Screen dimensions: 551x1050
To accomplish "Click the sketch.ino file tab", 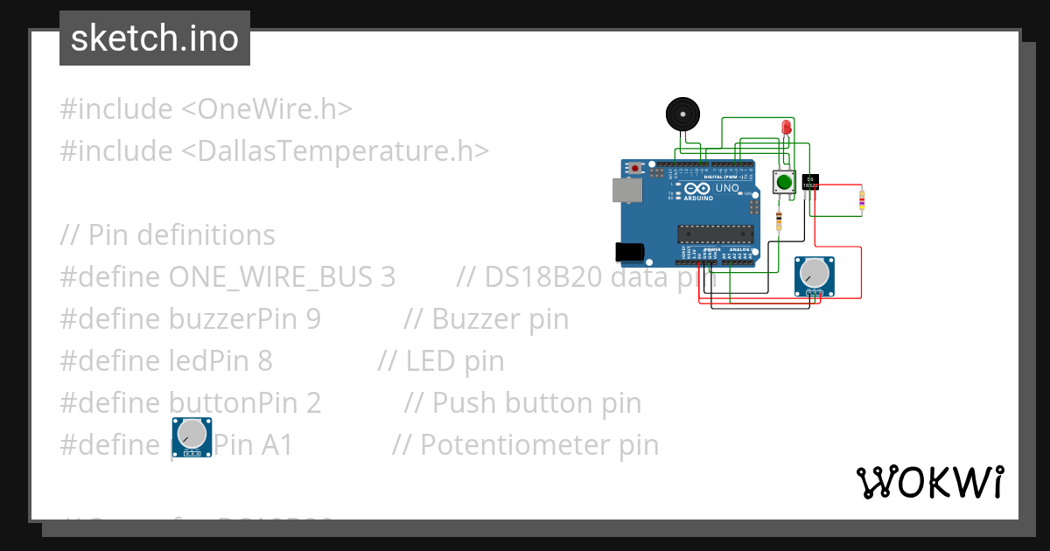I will point(155,38).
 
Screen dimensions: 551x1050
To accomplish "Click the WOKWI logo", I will point(929,482).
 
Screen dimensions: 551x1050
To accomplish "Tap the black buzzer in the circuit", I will point(682,114).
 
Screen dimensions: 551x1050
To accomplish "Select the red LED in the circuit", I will point(786,129).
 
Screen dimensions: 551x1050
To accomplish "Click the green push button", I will point(783,183).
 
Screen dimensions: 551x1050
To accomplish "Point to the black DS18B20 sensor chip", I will point(810,182).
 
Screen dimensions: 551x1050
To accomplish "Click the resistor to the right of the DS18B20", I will point(862,200).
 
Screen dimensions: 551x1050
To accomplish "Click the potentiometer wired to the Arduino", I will point(814,275).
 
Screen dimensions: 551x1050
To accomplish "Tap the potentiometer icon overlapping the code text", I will point(192,436).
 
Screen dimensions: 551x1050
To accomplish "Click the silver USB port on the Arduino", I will point(626,190).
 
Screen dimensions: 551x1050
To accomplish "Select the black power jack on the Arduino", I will point(630,252).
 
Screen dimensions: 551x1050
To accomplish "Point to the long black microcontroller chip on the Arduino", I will point(715,233).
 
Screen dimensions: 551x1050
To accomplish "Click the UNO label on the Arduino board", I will point(727,188).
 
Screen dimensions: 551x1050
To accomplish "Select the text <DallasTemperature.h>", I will point(335,151).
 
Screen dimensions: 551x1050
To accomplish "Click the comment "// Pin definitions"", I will point(167,235).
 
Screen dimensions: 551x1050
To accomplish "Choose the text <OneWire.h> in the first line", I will point(267,109).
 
